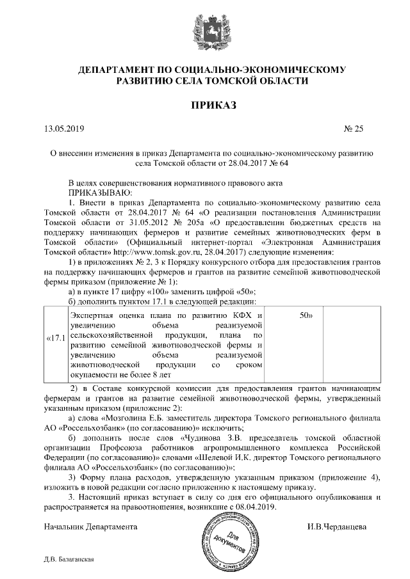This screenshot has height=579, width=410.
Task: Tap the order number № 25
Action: click(354, 129)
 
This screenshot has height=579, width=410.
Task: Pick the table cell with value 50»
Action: click(306, 315)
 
